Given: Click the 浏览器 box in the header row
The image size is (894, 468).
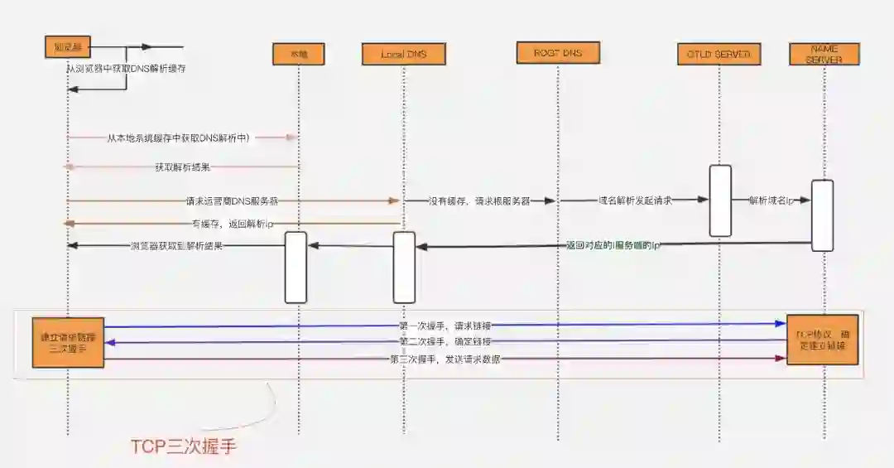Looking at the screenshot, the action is click(x=66, y=47).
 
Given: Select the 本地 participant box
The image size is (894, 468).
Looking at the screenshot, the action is click(x=299, y=54).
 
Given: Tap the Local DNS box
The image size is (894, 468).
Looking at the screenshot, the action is click(x=404, y=54).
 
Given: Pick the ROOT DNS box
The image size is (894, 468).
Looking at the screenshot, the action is click(x=558, y=53).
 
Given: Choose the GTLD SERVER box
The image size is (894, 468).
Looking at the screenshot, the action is click(x=719, y=54).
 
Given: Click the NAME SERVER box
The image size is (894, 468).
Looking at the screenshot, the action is click(x=824, y=54).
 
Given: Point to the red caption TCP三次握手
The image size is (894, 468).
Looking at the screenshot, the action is click(x=184, y=446).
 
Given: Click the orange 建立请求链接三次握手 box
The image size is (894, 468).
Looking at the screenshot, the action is click(x=69, y=341).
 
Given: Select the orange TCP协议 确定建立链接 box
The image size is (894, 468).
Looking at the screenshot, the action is click(x=823, y=340).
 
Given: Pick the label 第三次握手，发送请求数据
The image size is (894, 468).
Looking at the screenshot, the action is click(x=445, y=359).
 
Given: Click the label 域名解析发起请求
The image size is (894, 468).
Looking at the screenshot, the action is click(x=635, y=200).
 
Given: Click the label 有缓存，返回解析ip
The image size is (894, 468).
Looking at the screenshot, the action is click(x=233, y=224).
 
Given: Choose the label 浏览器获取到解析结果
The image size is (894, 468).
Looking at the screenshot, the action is click(x=175, y=246).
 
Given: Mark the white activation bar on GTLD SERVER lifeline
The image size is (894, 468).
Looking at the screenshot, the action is click(x=719, y=200).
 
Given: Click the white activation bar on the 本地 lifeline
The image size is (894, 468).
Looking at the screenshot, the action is click(x=296, y=267).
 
